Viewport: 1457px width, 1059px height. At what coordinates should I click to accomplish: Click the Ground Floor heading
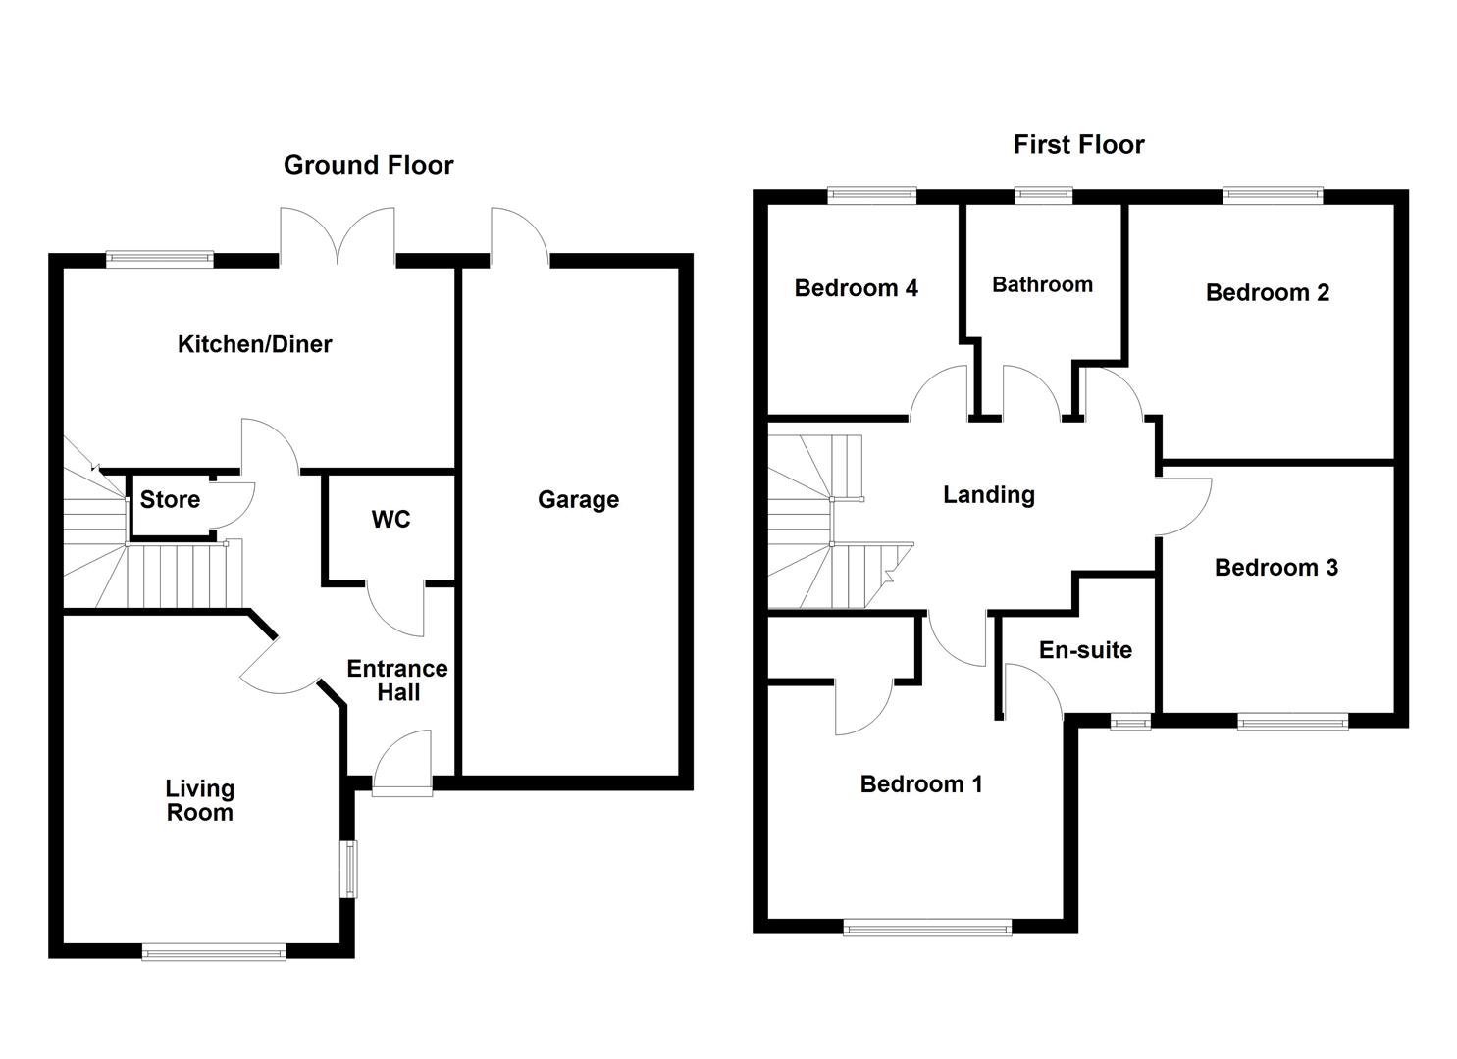tap(368, 165)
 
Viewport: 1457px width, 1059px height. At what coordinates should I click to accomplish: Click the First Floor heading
tap(1078, 145)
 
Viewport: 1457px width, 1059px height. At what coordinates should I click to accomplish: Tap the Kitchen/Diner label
tap(254, 344)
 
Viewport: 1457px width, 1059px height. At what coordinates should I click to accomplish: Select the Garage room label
tap(578, 500)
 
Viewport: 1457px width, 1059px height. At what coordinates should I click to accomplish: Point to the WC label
tap(390, 520)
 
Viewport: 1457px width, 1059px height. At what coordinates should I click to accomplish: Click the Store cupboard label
tap(170, 500)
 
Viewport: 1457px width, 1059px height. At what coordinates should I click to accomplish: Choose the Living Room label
tap(199, 800)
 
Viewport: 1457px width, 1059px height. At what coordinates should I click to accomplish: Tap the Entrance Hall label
tap(397, 681)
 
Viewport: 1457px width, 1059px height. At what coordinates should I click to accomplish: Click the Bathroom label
tap(1042, 285)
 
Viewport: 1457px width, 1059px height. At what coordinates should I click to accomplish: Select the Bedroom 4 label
tap(856, 288)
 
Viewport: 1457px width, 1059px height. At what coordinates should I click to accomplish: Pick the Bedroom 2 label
tap(1267, 292)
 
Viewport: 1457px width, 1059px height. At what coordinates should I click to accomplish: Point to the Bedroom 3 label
tap(1275, 568)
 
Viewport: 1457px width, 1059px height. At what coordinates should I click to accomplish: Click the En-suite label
tap(1085, 650)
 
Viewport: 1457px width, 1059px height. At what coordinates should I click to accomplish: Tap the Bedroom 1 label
tap(920, 784)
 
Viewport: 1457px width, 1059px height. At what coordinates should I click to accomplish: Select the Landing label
tap(988, 495)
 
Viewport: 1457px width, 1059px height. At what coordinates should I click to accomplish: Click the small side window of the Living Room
tap(349, 868)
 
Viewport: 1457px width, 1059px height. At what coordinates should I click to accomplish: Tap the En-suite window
tap(1130, 724)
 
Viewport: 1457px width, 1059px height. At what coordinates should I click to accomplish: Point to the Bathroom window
tap(1043, 195)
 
